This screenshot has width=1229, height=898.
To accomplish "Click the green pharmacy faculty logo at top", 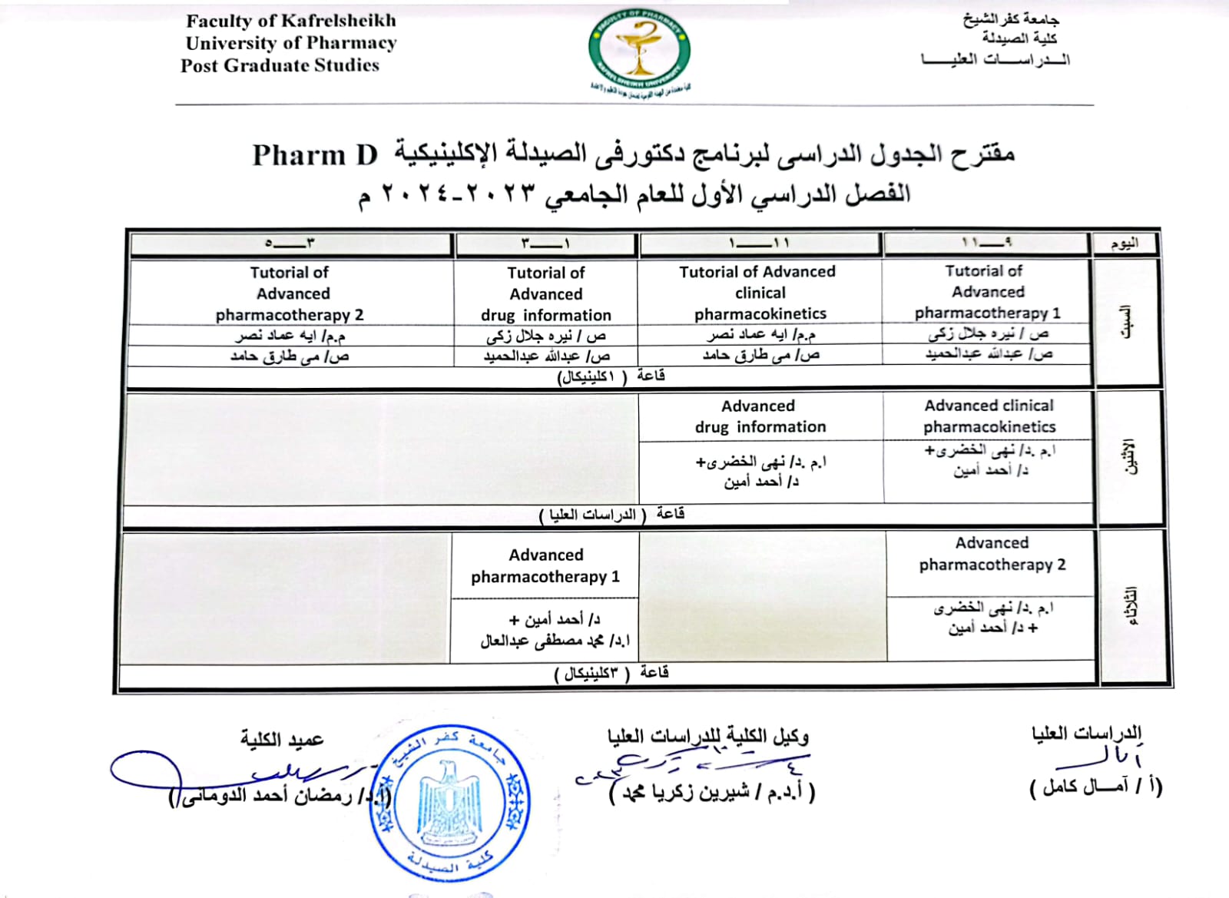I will (x=638, y=49).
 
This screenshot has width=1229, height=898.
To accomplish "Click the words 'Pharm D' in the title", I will (x=315, y=155).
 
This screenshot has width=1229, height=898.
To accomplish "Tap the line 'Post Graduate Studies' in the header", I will (x=280, y=65).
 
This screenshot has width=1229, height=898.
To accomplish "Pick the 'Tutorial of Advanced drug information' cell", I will (x=546, y=293).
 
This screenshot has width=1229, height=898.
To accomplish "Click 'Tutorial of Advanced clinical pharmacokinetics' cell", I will (x=760, y=293).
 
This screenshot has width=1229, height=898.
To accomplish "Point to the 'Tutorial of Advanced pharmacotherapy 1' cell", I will (x=987, y=292).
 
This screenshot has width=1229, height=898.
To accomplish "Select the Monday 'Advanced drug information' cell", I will (x=760, y=416).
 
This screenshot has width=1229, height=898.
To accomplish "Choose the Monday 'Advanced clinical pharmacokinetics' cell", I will (x=989, y=416).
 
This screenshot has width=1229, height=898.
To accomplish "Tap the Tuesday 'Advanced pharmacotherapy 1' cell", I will (x=545, y=565).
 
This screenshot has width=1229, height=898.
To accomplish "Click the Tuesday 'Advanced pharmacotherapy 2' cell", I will (x=992, y=554).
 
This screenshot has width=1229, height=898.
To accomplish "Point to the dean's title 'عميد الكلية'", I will (x=282, y=739).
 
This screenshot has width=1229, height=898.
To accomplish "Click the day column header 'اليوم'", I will (x=1124, y=244).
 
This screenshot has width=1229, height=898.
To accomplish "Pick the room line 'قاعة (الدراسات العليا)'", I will (x=611, y=514).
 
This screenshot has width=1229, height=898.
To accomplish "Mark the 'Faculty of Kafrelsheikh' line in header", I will (x=291, y=21).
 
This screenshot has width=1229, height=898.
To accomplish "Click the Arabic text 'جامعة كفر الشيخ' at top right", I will (x=1011, y=20).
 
